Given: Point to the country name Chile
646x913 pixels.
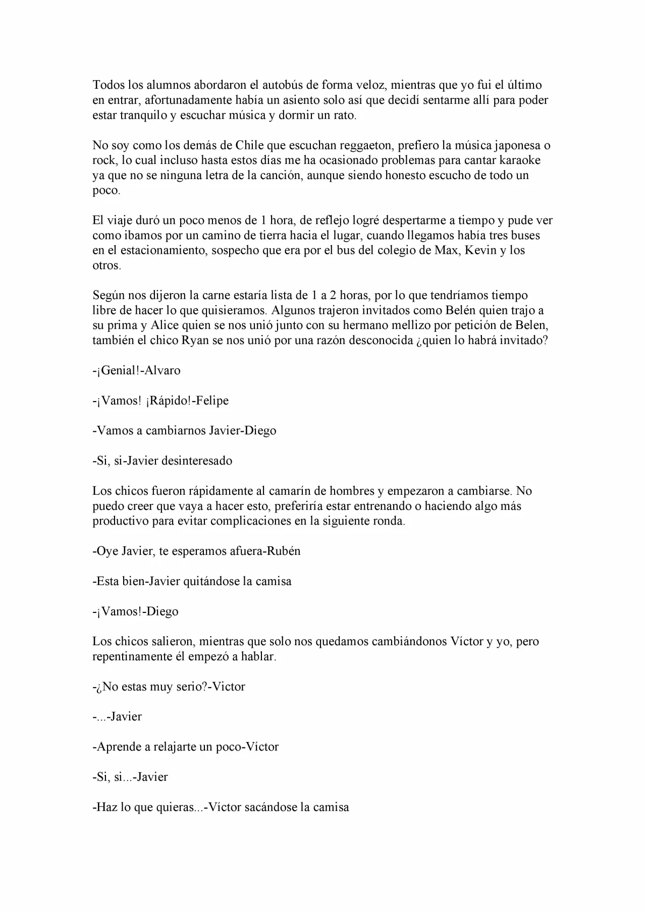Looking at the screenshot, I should pos(249,145).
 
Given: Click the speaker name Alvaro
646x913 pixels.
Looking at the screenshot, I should pos(163,371).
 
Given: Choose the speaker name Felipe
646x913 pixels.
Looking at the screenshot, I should pos(212,401).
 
